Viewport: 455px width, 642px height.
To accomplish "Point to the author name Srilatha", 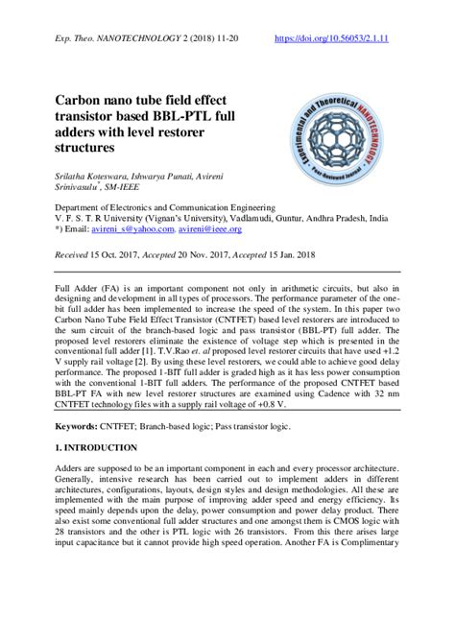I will pyautogui.click(x=74, y=179).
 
